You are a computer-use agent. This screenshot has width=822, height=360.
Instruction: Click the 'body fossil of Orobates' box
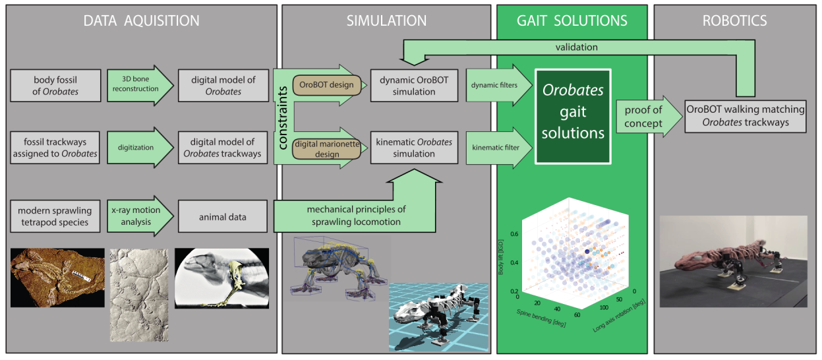pyautogui.click(x=55, y=86)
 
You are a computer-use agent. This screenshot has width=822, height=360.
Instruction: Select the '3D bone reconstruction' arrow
pyautogui.click(x=134, y=86)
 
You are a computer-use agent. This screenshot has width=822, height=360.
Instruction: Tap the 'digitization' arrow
pyautogui.click(x=134, y=148)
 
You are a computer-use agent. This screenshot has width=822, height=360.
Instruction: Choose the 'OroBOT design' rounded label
pyautogui.click(x=326, y=84)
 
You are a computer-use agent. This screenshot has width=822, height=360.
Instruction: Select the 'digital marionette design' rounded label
pyautogui.click(x=326, y=148)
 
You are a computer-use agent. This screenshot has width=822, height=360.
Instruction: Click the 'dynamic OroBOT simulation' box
pyautogui.click(x=413, y=86)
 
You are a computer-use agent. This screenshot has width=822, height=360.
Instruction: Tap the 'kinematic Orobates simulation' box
pyautogui.click(x=413, y=148)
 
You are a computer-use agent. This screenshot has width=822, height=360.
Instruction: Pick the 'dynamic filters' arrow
pyautogui.click(x=494, y=85)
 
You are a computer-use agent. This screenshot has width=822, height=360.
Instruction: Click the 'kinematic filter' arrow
pyautogui.click(x=494, y=148)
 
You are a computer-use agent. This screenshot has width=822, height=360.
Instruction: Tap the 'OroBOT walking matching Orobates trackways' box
pyautogui.click(x=746, y=115)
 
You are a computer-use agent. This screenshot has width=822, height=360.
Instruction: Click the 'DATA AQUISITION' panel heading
pyautogui.click(x=141, y=21)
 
